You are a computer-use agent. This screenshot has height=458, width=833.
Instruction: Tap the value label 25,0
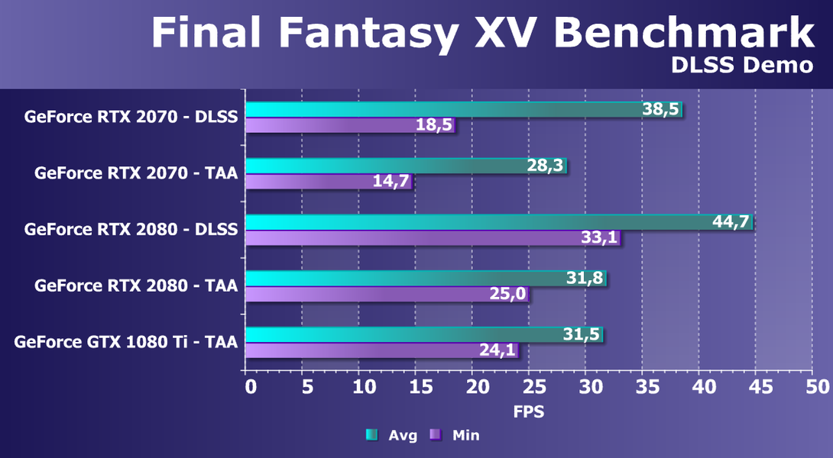[x=509, y=294]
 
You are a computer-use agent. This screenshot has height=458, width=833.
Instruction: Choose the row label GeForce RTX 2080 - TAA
[x=136, y=286]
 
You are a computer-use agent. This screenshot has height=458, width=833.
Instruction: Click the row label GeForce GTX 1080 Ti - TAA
[x=125, y=342]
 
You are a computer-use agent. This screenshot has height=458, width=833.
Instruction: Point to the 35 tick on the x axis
[x=643, y=386]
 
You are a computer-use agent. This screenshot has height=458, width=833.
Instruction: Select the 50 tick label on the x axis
[x=812, y=386]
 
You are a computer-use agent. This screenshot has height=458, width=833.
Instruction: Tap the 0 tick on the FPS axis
[x=251, y=386]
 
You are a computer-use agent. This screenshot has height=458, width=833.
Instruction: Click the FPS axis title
[x=528, y=412]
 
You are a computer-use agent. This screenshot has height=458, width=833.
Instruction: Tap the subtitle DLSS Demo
[x=741, y=66]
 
